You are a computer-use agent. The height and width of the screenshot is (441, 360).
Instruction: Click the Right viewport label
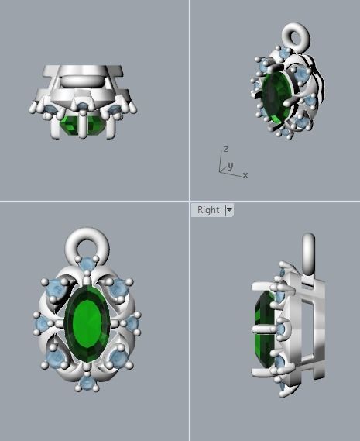pos(207,210)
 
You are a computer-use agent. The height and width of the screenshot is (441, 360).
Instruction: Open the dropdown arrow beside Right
pos(229,210)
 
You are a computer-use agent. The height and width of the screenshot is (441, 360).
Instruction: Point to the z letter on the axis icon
pos(225,148)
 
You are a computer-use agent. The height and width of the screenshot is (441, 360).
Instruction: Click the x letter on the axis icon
pos(245,175)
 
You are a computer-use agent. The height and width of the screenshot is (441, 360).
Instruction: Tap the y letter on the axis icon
pos(230,165)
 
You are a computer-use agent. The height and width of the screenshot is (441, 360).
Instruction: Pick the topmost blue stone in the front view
pos(87,266)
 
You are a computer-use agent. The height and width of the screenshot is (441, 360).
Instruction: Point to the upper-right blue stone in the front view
pos(118,290)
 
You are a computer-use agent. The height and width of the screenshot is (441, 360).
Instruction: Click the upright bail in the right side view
pos(308,252)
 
